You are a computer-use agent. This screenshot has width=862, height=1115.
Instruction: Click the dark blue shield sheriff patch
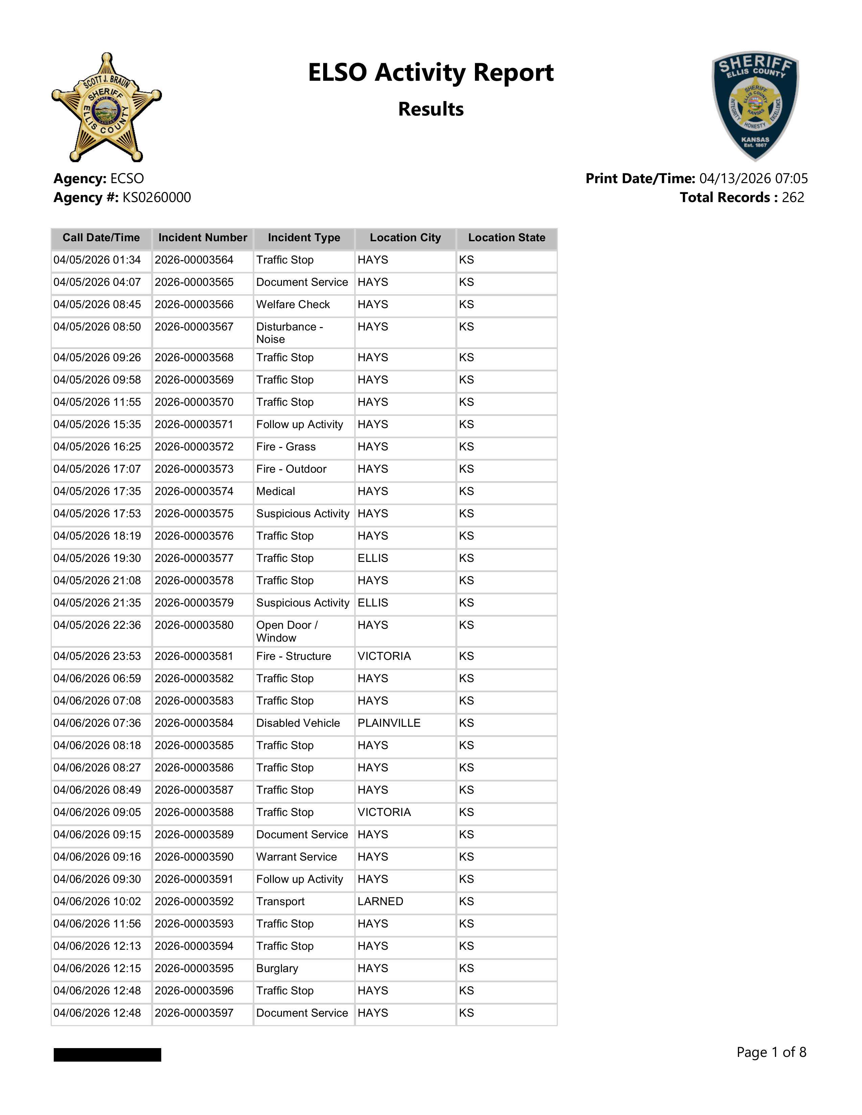(755, 106)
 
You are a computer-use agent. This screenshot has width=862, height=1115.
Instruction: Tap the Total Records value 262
(793, 198)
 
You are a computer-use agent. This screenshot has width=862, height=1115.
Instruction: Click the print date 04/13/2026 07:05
(753, 179)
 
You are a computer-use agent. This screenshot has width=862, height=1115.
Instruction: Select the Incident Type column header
(304, 238)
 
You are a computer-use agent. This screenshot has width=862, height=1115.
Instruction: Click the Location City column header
(405, 238)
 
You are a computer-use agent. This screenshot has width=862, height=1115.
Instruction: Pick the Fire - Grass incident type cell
(286, 447)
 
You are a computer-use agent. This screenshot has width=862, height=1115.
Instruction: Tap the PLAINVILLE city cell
(389, 723)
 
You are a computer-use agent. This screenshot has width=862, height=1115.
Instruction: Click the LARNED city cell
(380, 901)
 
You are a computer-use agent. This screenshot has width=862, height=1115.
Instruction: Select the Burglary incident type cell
(277, 968)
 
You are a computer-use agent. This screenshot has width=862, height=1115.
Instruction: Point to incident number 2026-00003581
(194, 656)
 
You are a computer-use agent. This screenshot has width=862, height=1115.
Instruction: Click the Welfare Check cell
(293, 304)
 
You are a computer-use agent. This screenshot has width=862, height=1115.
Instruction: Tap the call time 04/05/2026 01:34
(97, 260)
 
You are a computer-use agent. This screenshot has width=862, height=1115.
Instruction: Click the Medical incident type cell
(276, 491)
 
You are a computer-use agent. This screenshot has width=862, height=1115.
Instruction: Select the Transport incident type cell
(280, 901)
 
